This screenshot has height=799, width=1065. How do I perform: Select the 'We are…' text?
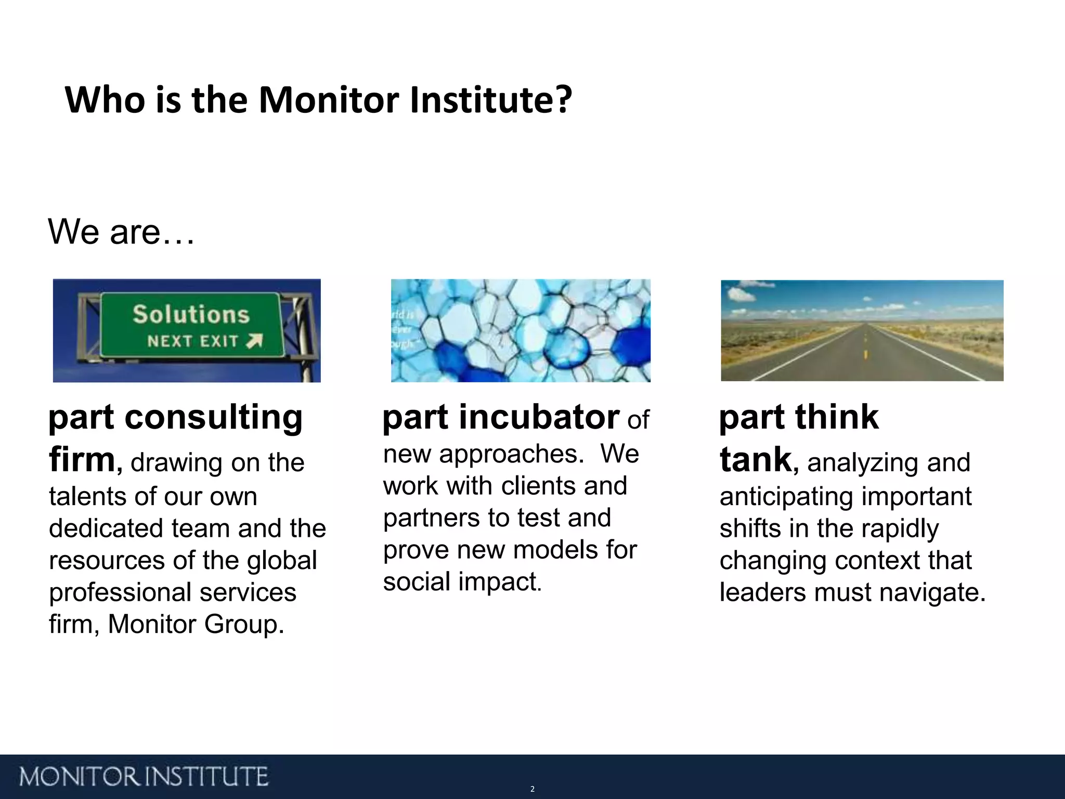pyautogui.click(x=121, y=231)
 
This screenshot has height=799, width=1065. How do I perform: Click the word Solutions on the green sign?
pyautogui.click(x=191, y=315)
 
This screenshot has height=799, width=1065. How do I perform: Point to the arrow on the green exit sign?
pyautogui.click(x=254, y=341)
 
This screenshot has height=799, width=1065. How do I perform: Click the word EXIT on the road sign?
pyautogui.click(x=219, y=342)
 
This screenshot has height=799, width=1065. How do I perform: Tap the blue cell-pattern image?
pyautogui.click(x=521, y=330)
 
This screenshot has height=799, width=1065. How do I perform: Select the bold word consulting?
pyautogui.click(x=213, y=417)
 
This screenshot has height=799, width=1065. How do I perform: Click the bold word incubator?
pyautogui.click(x=539, y=417)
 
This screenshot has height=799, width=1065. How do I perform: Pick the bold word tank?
pyautogui.click(x=756, y=460)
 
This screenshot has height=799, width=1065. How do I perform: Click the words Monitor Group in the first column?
pyautogui.click(x=196, y=624)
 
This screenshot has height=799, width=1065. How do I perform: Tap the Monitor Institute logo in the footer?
pyautogui.click(x=144, y=777)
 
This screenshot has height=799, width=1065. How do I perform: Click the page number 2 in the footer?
pyautogui.click(x=532, y=789)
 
